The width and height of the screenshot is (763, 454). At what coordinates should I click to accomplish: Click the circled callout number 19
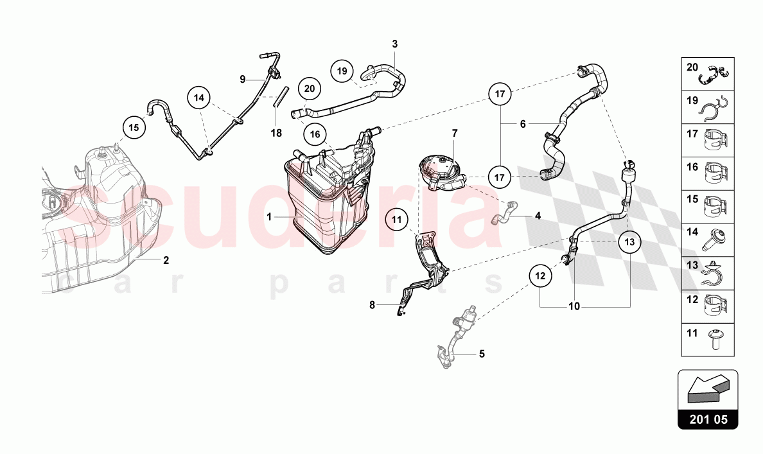[x=342, y=71]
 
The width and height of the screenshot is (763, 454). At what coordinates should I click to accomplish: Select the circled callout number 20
[x=310, y=89]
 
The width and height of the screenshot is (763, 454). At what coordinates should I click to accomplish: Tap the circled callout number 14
[x=199, y=98]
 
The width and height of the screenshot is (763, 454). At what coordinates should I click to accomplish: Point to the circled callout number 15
[x=134, y=128]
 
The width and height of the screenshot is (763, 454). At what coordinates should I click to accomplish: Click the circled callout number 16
[x=315, y=134]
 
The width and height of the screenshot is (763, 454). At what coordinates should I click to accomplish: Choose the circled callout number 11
[x=397, y=220]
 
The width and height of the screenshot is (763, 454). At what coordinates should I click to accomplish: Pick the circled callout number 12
[x=541, y=276]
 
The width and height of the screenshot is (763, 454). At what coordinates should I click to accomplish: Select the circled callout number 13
[x=629, y=242]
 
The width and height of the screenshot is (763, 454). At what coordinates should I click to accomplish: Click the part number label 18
[x=276, y=133]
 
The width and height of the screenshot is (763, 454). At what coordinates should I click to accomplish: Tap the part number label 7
[x=455, y=133]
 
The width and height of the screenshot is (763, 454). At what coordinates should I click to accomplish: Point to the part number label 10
[x=574, y=306]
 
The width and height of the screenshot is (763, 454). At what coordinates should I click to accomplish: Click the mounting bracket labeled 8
[x=423, y=272]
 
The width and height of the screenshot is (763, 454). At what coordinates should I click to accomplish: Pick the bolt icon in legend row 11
[x=715, y=340]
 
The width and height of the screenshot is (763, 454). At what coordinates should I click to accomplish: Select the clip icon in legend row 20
[x=715, y=74]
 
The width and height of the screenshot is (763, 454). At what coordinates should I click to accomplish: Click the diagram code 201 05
[x=708, y=419]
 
